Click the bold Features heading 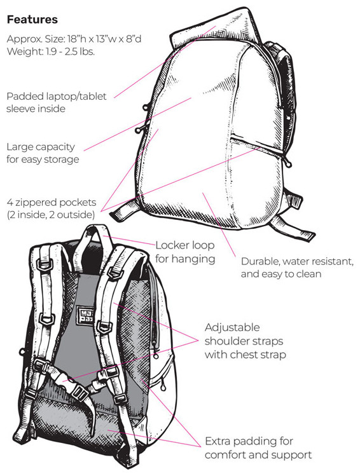tap(32, 20)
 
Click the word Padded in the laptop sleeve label tap(25, 97)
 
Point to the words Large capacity tap(41, 147)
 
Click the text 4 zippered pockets tap(52, 203)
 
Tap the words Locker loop tap(184, 245)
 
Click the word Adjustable tap(232, 327)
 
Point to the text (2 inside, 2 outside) tap(51, 215)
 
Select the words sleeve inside tap(36, 109)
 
